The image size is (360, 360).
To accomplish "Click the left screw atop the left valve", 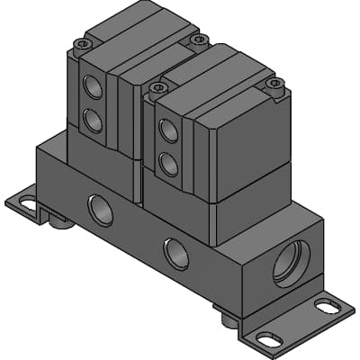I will [84, 43].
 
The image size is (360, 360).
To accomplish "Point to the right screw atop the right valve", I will [276, 85].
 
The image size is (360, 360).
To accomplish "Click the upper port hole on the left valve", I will [93, 88].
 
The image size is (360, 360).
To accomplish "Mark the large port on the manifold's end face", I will [290, 264].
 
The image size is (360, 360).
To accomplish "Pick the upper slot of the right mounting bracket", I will [321, 307].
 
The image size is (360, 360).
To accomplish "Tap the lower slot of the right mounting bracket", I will [265, 340].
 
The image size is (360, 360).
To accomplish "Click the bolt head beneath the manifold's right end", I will [230, 317].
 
